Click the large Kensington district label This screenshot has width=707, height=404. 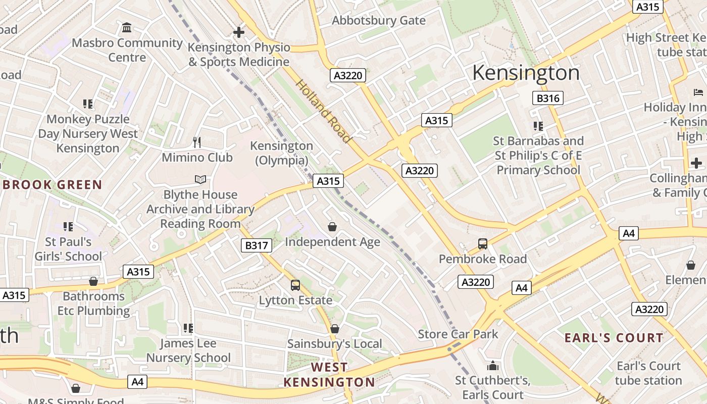(x=526, y=73)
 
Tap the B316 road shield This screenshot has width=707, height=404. (x=548, y=98)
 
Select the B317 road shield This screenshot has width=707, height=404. (x=257, y=245)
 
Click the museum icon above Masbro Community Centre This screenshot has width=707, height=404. (x=127, y=27)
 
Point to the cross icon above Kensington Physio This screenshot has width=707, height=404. (x=239, y=32)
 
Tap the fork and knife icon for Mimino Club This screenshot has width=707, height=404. (x=197, y=142)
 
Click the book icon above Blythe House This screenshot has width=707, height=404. (x=200, y=179)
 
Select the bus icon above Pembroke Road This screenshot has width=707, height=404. (x=483, y=244)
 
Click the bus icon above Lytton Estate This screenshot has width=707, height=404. (x=295, y=285)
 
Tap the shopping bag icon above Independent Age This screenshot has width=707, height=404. (x=332, y=227)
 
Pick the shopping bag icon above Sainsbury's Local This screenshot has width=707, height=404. (x=334, y=329)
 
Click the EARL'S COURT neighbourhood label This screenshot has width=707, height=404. (x=614, y=338)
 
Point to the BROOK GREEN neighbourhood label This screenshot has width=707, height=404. (x=52, y=185)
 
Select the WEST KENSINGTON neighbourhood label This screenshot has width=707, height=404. (x=329, y=374)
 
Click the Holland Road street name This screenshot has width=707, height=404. (x=323, y=111)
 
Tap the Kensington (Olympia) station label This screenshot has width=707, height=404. (x=282, y=153)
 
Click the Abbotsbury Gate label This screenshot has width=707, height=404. (x=378, y=21)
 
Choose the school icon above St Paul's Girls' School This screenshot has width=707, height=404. (x=68, y=227)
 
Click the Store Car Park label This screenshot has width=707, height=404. (x=458, y=334)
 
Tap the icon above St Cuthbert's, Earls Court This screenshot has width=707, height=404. (x=492, y=365)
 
